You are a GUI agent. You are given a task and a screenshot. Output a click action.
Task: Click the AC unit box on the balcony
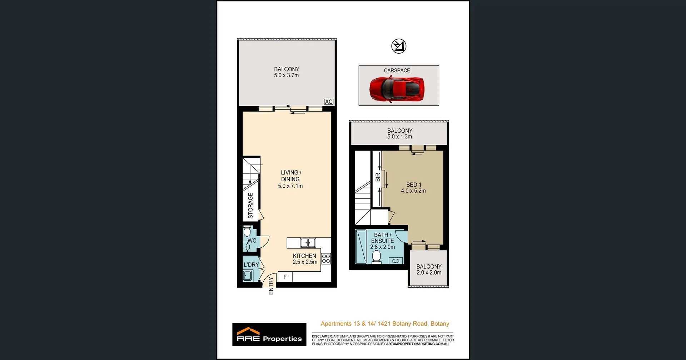click(x=329, y=102)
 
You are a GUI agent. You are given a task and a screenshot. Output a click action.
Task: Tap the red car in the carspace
click(x=397, y=89)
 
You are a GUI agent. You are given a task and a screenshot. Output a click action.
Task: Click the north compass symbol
click(x=399, y=46)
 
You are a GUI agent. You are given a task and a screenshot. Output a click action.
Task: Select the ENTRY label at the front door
click(x=271, y=286)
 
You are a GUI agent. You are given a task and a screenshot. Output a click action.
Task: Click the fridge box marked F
click(x=285, y=277)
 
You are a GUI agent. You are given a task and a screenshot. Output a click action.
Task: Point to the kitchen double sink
click(x=308, y=243)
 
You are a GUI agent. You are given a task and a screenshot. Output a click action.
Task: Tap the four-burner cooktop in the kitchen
click(x=326, y=259)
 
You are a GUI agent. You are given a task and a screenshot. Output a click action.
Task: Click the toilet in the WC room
click(x=247, y=231)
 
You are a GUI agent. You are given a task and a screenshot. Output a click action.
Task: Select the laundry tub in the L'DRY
click(x=247, y=276)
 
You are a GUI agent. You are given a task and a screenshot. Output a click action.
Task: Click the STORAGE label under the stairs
click(x=250, y=206)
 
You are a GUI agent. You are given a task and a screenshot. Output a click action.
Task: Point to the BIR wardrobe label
click(x=378, y=177)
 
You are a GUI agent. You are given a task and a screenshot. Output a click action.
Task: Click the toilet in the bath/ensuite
click(x=376, y=257)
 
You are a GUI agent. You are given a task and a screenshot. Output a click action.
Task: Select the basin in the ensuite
click(x=396, y=261)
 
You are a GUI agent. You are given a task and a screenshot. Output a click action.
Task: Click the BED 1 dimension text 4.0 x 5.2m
click(x=413, y=191)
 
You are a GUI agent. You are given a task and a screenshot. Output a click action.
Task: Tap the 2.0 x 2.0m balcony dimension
click(x=429, y=272)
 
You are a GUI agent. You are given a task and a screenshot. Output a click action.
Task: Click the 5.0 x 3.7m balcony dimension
click(x=286, y=75)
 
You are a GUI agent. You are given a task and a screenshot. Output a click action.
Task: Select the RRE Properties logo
click(x=269, y=335)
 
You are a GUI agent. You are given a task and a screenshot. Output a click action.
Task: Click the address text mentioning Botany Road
click(x=385, y=324)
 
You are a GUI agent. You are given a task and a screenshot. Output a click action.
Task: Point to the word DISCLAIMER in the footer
click(x=322, y=336)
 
